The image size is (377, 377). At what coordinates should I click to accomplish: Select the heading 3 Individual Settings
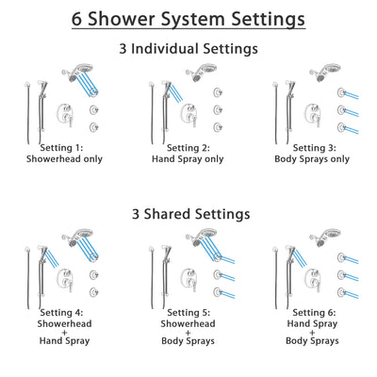pos(188,48)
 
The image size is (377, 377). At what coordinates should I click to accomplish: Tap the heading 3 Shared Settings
pos(188,214)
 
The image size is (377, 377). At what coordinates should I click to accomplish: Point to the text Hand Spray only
pos(188,159)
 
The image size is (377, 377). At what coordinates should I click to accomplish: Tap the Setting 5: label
pos(188,313)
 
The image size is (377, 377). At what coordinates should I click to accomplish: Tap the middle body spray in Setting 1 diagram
pos(94,109)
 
